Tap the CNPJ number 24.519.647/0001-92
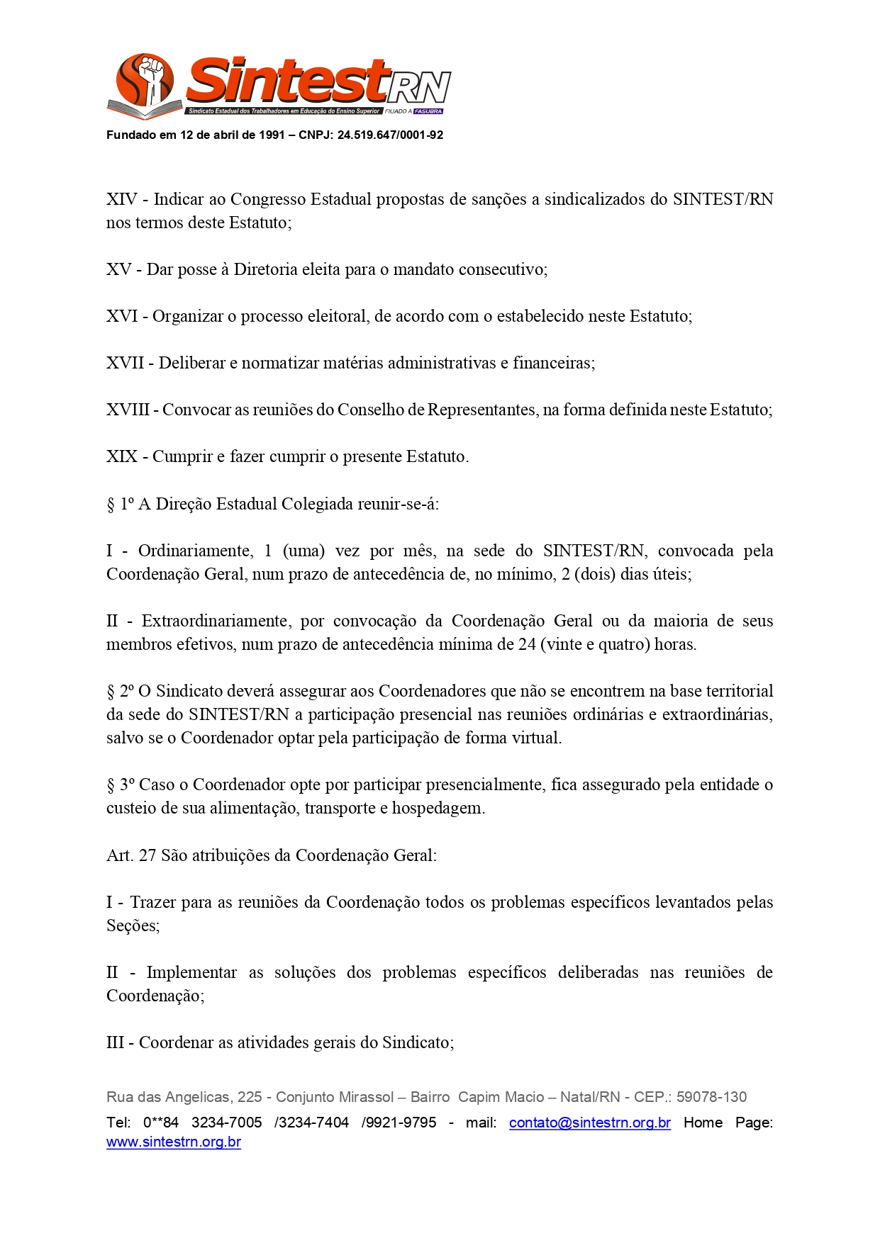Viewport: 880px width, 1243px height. [x=390, y=135]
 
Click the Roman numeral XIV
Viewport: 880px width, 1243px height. [x=121, y=200]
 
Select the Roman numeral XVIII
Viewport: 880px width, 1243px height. [x=128, y=410]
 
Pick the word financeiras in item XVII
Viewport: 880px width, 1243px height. [x=553, y=364]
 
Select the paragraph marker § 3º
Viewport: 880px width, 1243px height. [x=120, y=785]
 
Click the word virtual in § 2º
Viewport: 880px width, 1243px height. [x=537, y=738]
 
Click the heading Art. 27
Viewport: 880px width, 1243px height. [x=131, y=856]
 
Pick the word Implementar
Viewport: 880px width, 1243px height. [x=191, y=973]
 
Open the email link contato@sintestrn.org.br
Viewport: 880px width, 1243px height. [x=589, y=1123]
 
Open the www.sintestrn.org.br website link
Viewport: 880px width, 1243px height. [x=174, y=1142]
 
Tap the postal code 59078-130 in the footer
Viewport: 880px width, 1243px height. [x=711, y=1098]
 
